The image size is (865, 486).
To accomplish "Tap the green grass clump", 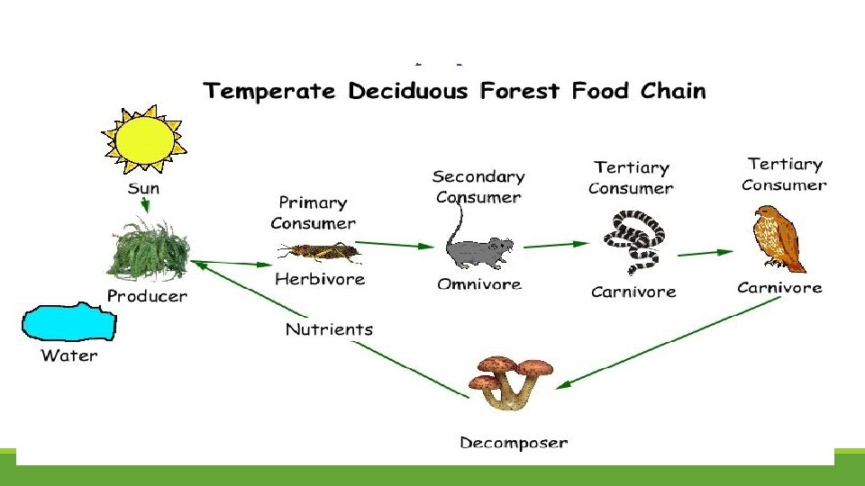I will pos(149,251).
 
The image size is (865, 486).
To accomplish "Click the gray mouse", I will pos(478,252).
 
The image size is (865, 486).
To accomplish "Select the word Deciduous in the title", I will pos(417,91).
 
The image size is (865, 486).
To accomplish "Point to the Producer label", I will pos(147,295).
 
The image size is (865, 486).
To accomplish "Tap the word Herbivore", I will pos(320,279).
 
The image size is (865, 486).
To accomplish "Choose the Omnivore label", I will pos(478,284).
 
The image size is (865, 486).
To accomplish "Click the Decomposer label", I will pos(514,442).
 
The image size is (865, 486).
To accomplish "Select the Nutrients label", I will pos(329,329).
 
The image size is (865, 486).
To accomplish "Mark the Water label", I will pos(69,355).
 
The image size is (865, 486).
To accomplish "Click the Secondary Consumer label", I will pos(478,187).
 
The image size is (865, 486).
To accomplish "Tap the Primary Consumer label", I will pos(313,213).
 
